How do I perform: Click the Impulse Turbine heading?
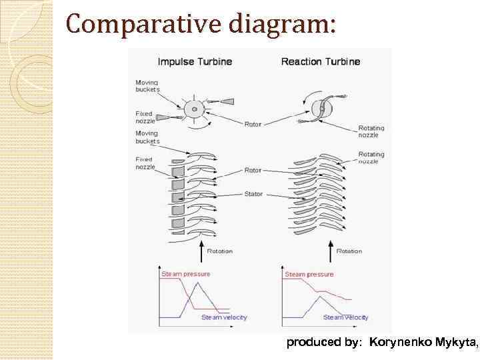195,62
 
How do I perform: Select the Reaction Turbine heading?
321,62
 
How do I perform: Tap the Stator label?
254,194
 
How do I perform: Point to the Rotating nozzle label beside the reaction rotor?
371,131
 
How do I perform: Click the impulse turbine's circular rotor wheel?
194,109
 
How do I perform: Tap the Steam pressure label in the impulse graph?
185,274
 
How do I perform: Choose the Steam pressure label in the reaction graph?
309,274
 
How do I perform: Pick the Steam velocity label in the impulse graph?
224,317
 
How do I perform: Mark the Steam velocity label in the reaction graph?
345,317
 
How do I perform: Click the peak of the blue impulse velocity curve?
197,283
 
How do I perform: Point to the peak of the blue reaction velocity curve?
320,295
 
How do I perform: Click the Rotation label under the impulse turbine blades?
219,251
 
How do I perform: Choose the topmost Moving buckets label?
147,86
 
